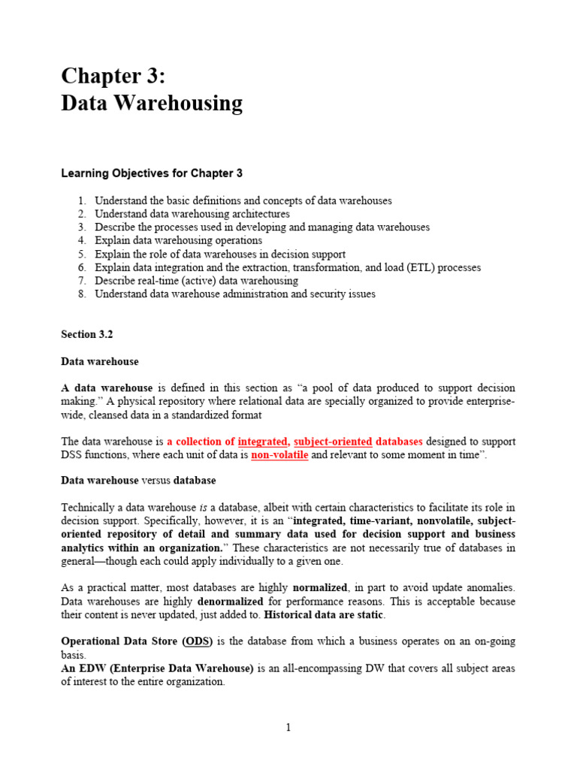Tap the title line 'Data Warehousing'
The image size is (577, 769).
pos(151,103)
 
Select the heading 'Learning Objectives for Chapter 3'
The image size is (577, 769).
pos(151,173)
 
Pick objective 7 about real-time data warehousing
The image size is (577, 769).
pos(196,281)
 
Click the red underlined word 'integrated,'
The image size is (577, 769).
pos(264,442)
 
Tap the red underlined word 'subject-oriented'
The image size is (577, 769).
pos(333,442)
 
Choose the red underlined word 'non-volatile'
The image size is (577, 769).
pos(279,455)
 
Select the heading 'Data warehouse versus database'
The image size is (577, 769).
pos(138,481)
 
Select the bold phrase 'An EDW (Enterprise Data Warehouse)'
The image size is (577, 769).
pos(157,668)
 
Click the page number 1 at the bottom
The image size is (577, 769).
pos(288,728)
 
